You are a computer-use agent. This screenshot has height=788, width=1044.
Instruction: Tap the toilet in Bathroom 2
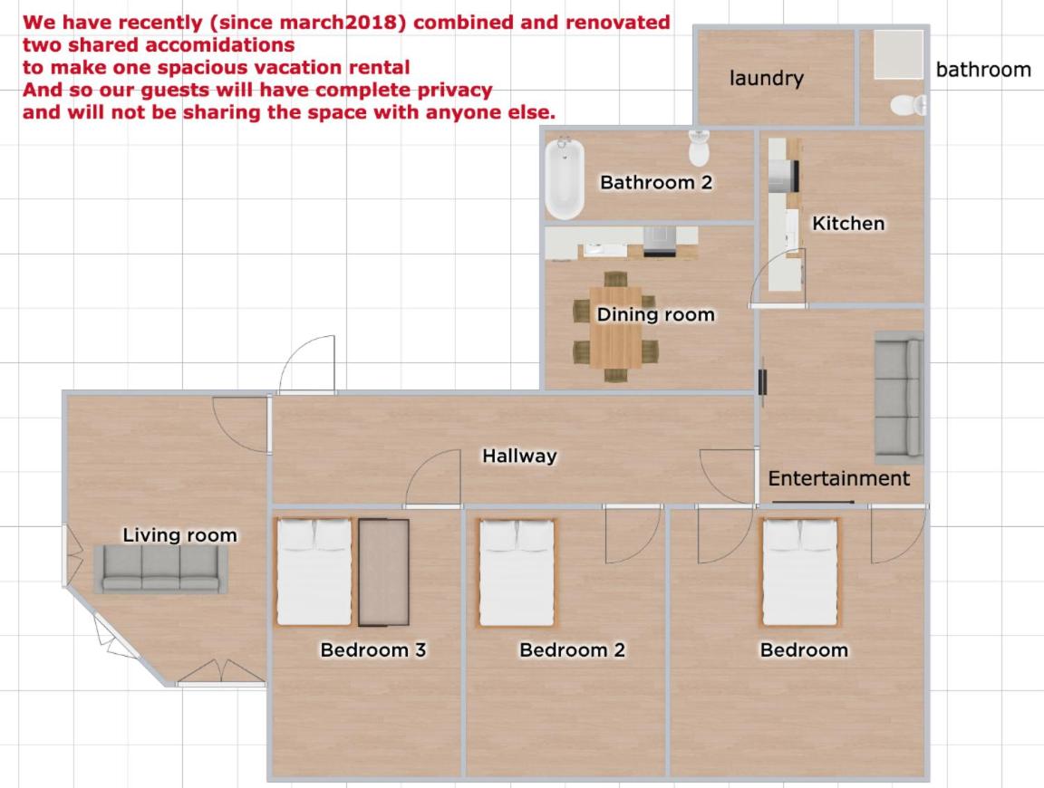(x=699, y=148)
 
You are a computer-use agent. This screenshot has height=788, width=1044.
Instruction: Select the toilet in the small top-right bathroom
(x=908, y=105)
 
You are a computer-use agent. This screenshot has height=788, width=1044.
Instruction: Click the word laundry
(x=767, y=78)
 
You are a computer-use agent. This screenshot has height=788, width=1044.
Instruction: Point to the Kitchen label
(x=848, y=223)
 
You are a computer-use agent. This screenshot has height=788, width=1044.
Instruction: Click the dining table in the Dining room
(x=616, y=327)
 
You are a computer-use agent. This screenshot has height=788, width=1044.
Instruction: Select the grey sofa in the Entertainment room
(x=899, y=398)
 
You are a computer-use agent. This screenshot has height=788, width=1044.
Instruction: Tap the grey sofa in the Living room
(x=160, y=569)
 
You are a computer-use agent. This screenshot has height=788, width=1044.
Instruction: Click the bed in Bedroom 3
(x=314, y=572)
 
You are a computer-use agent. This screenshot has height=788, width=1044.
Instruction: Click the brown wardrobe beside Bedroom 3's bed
(x=383, y=572)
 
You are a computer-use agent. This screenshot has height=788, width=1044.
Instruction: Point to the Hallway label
(x=519, y=456)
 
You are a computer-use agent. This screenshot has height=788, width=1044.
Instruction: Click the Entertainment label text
(x=839, y=478)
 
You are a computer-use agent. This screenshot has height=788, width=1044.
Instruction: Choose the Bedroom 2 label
(x=573, y=649)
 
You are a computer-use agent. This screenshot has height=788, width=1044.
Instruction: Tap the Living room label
(x=179, y=535)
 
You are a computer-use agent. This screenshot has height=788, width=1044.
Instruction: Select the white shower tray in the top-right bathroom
(x=899, y=54)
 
